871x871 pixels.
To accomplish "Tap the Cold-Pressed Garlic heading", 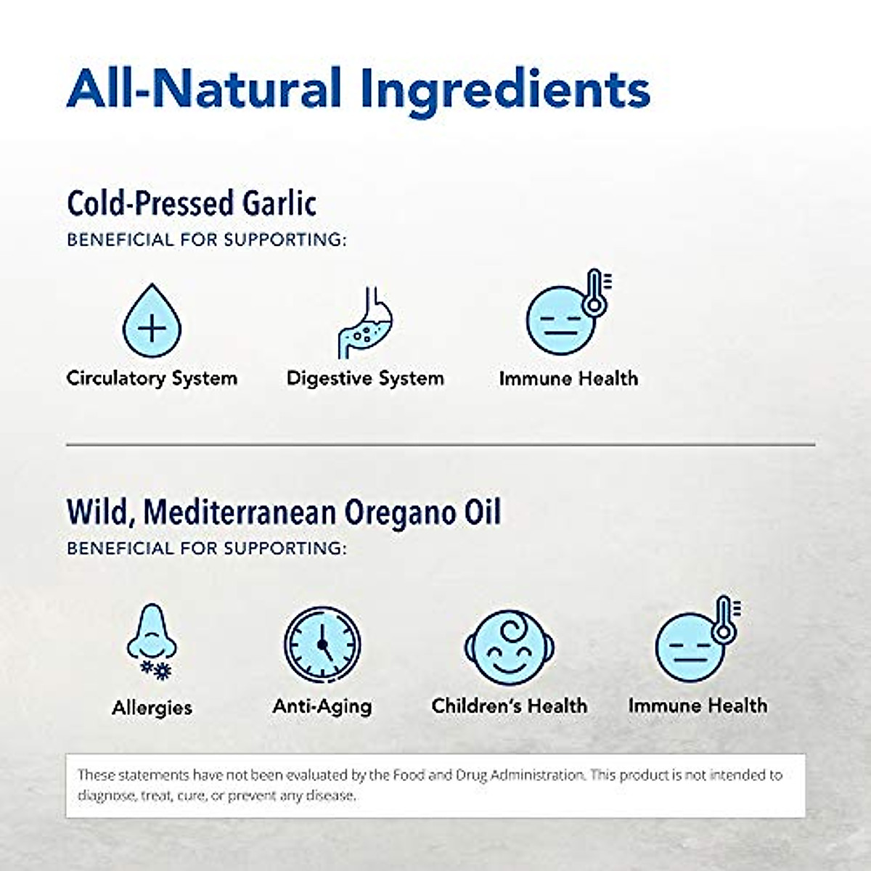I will coord(191,203).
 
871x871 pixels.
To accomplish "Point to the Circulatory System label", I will coord(152,378).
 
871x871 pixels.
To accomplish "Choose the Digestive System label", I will coord(365,378).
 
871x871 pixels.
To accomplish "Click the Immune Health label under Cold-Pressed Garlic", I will coord(568,378).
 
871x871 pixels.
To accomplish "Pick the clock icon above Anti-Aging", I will coord(322,642).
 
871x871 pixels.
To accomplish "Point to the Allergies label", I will coord(152,707).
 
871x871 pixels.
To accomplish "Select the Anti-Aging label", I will coord(322,706).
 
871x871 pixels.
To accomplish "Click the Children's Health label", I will coord(509,706).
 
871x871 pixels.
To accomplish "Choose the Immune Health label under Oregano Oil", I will coord(698,706).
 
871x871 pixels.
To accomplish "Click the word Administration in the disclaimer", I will coord(536,774).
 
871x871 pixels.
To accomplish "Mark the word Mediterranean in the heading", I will coord(240,512).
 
